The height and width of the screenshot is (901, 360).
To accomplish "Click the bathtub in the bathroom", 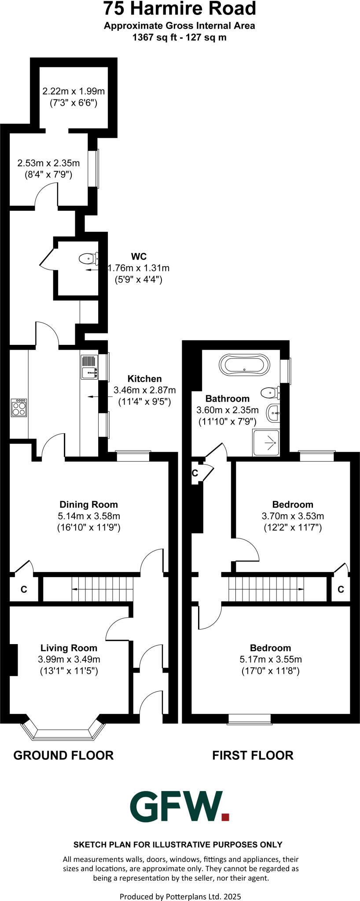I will click(x=243, y=365).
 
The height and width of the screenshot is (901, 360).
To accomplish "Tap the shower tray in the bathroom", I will click(x=266, y=443).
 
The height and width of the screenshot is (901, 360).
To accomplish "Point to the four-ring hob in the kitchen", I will click(x=19, y=407).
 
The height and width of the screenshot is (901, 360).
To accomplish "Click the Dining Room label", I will click(x=88, y=505).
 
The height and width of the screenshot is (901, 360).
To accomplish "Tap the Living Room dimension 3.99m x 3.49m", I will click(x=69, y=659).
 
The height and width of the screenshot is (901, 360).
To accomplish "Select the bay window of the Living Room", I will click(x=64, y=731).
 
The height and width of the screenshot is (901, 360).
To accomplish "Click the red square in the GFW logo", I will click(x=225, y=817).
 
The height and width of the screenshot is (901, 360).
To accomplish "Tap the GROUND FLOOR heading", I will click(x=63, y=755).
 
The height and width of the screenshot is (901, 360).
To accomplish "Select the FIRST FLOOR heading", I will click(x=253, y=755).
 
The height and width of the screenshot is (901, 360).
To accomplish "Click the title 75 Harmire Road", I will click(x=180, y=9).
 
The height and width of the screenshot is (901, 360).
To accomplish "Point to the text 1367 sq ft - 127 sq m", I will click(x=180, y=37).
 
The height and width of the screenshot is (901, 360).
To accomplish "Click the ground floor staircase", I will click(x=102, y=589).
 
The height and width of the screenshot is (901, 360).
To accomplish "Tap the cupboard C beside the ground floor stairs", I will click(x=24, y=589).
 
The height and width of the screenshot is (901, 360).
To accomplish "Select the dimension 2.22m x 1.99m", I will click(x=73, y=92).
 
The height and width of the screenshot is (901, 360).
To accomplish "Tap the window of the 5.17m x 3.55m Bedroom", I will click(x=249, y=719).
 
